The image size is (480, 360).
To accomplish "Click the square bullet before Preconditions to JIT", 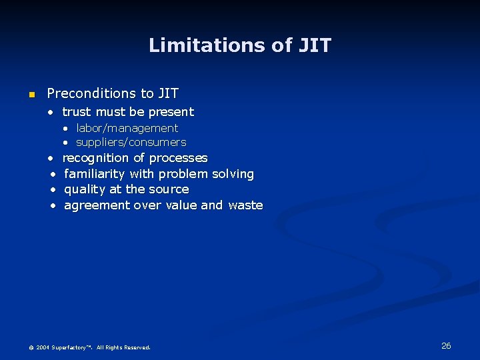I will tap(31, 95).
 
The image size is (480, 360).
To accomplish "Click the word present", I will tap(172, 112).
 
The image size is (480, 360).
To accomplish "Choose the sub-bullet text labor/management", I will tap(127, 128).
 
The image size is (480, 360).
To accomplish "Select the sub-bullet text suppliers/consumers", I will tap(131, 142).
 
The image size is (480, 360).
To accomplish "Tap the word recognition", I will tap(95, 158).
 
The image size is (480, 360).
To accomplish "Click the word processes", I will tap(178, 158).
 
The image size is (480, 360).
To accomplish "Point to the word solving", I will tap(233, 174).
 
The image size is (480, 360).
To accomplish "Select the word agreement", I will tap(97, 205).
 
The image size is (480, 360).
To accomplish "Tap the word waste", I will tap(245, 205).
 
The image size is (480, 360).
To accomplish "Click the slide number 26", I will tap(446, 345).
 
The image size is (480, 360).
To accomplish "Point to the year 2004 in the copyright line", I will tap(42, 347).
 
